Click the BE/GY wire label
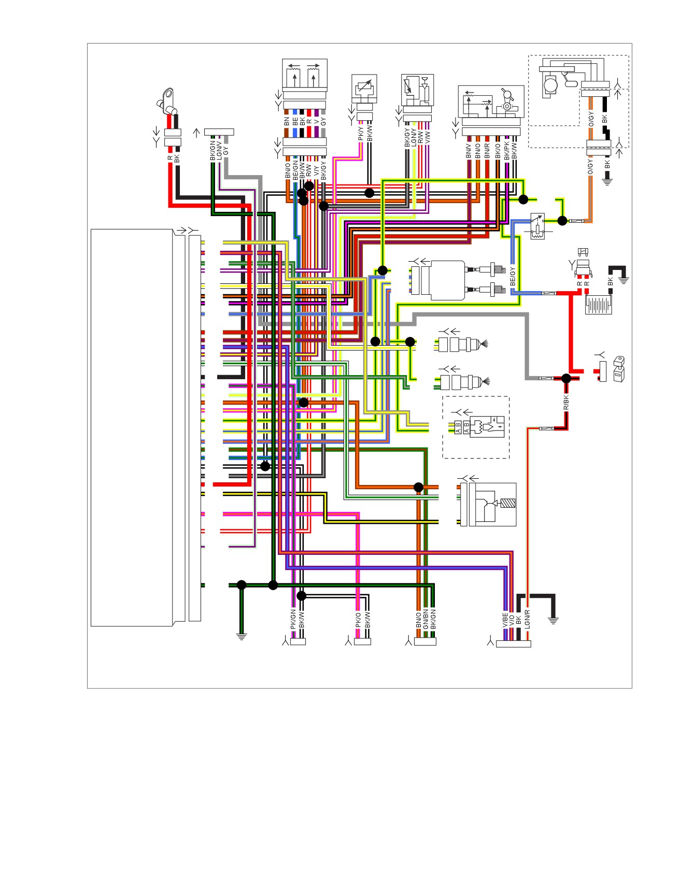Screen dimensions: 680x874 (x=513, y=276)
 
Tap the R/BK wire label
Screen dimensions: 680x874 (x=566, y=403)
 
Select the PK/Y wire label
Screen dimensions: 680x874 (x=361, y=133)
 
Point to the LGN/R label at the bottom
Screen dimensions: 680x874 (x=527, y=620)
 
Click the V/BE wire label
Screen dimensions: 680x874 (x=505, y=621)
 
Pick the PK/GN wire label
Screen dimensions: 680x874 (x=293, y=620)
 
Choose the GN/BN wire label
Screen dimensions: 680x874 (x=426, y=620)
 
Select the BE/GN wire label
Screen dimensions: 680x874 (x=295, y=170)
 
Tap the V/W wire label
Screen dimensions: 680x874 (x=428, y=137)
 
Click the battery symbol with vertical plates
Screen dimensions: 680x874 (x=599, y=305)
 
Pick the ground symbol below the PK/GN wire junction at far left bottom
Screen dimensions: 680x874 (x=241, y=636)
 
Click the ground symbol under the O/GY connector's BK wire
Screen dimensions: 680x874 (x=607, y=181)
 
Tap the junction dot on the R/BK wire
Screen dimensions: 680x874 (x=566, y=379)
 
